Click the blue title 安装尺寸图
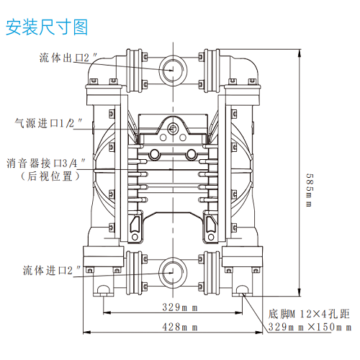click(x=47, y=27)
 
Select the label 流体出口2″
click(x=68, y=58)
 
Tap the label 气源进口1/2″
click(x=48, y=123)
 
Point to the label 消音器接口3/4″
click(x=46, y=163)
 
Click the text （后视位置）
click(x=50, y=176)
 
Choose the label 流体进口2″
click(x=52, y=270)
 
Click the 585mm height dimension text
click(x=310, y=190)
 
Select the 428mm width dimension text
click(x=180, y=327)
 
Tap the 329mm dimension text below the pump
click(x=180, y=307)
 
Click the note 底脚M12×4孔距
click(x=309, y=314)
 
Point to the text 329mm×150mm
click(x=310, y=327)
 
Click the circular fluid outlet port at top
click(x=173, y=56)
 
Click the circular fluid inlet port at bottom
click(x=173, y=258)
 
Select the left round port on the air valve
click(x=154, y=154)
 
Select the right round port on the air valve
click(x=192, y=154)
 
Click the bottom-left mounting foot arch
click(x=104, y=286)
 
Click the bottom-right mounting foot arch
click(x=242, y=286)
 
